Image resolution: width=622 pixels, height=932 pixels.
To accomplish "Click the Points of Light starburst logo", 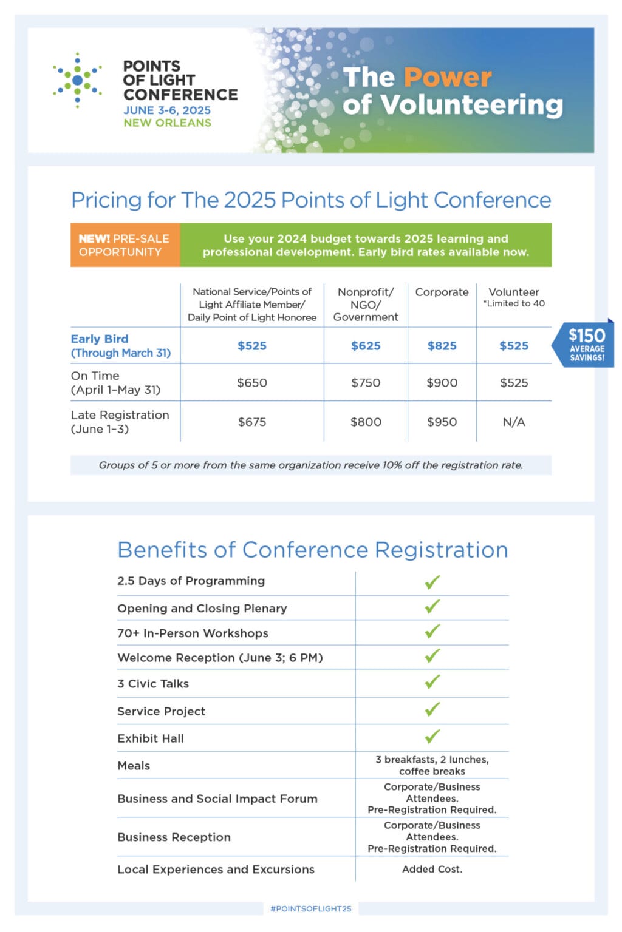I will pos(77,80).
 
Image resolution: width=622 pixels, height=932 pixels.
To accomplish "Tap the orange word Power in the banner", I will pos(448,77).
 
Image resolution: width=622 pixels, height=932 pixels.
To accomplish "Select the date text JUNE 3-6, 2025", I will pos(167,110).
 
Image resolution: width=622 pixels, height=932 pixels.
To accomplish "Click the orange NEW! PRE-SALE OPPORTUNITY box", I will pos(125,245).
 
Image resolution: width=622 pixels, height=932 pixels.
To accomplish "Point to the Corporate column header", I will pos(442,292).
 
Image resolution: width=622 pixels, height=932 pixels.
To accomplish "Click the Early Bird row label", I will pos(121,346).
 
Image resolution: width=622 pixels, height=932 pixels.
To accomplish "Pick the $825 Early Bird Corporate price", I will pos(442,346).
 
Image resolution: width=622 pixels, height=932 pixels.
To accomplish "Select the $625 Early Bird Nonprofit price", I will pos(366,346).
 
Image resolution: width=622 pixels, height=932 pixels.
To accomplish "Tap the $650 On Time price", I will pos(251,383).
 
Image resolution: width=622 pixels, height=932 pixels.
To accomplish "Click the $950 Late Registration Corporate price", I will pos(442,422).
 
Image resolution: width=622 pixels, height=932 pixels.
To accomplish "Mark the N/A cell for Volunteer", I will pos(514,422).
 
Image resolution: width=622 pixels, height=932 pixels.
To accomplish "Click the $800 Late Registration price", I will pos(366,422).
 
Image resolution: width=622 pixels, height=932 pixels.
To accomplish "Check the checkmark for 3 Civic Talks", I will pos(432,682).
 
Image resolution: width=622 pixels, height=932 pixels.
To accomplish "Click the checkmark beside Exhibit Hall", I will pos(432,737).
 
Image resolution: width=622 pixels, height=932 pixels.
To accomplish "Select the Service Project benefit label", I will pos(161,711).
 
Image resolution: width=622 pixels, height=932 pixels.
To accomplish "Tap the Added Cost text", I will pos(432,869).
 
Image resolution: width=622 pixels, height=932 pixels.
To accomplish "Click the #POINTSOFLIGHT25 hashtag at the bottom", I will pos(311,908).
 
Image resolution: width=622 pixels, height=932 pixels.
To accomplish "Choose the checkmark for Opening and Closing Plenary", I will pos(432,606).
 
